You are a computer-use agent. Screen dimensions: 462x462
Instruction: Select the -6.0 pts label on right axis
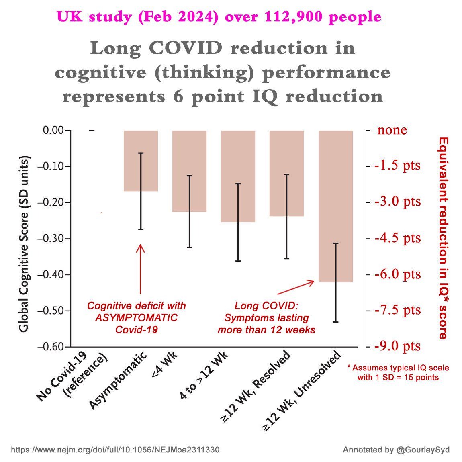(398, 274)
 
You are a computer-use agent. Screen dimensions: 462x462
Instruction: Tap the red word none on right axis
(392, 130)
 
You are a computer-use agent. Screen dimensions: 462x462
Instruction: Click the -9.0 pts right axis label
(398, 346)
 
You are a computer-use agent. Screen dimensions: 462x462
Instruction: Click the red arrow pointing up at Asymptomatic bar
(140, 269)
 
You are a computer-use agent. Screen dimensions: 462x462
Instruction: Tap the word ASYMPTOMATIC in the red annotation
(136, 318)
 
